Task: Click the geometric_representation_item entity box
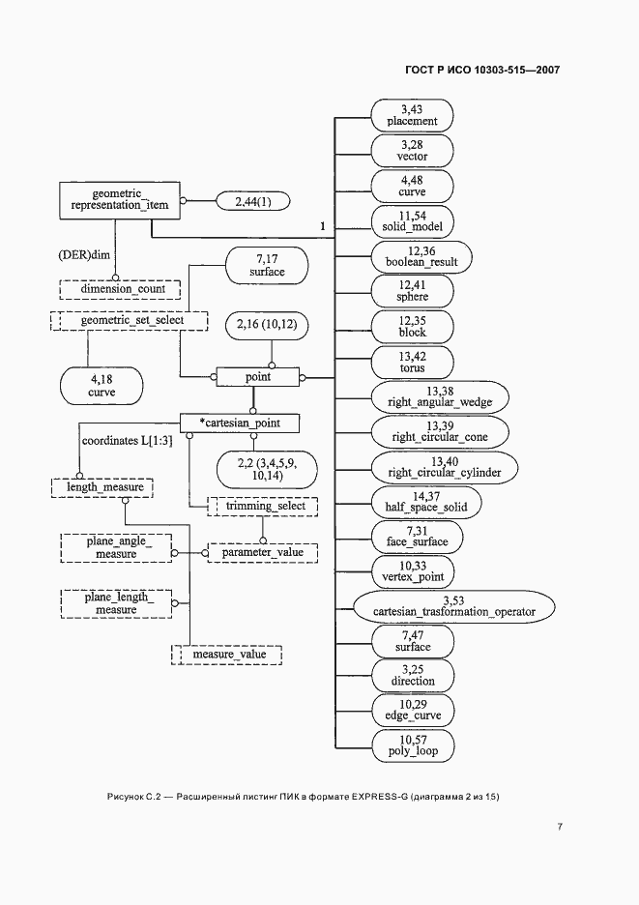tap(120, 200)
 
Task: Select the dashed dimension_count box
tap(120, 289)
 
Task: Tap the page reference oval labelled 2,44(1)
tap(252, 201)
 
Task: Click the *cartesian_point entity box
tap(240, 423)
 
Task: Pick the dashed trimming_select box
tap(263, 507)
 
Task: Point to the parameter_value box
tap(263, 552)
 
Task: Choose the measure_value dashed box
tap(227, 655)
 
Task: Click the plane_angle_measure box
tap(116, 547)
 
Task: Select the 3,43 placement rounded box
tap(412, 115)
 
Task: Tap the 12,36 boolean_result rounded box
tap(421, 257)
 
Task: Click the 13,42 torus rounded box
tap(412, 363)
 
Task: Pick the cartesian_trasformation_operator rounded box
tap(453, 606)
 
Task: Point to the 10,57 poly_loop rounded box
tap(412, 745)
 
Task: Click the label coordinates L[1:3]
tap(127, 441)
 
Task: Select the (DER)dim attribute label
tap(84, 254)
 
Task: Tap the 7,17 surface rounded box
tap(267, 266)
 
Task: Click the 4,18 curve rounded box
tap(102, 386)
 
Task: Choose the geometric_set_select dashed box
tap(130, 320)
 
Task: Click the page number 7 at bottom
tap(560, 827)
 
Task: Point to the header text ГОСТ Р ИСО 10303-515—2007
tap(482, 71)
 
